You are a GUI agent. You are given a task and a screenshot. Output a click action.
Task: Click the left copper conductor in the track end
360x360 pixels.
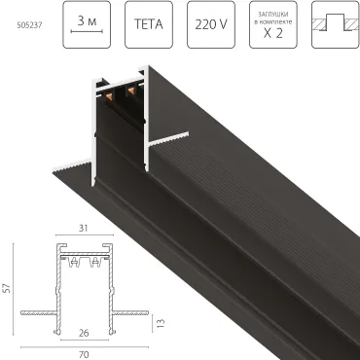tap(109, 100)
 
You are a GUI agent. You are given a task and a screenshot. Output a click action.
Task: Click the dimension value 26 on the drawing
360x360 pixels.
tap(85, 334)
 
